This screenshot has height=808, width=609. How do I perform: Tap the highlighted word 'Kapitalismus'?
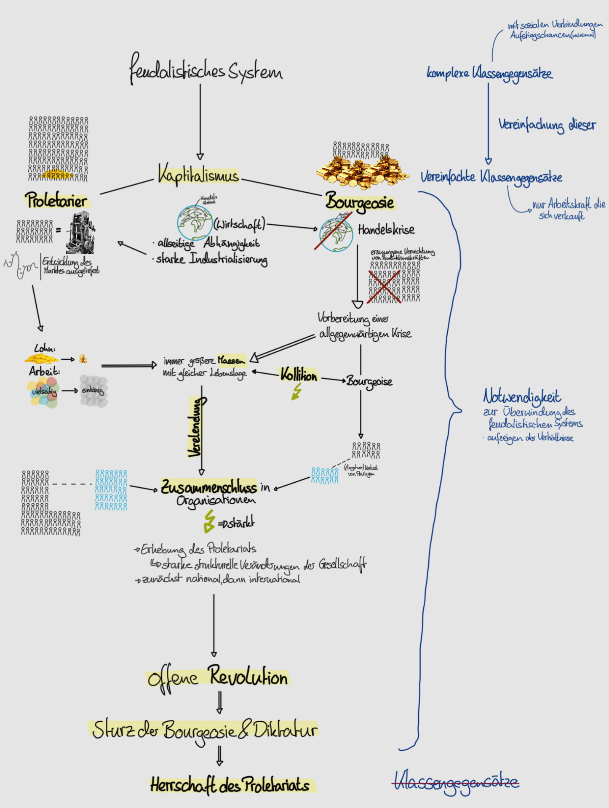tap(198, 175)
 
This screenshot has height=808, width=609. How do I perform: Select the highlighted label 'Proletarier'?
tap(56, 200)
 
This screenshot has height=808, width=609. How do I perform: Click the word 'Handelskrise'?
tap(386, 230)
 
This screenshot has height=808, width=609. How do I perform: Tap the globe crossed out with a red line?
tap(336, 234)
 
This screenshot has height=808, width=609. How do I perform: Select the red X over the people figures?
tap(384, 287)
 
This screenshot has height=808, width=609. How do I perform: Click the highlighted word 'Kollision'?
tap(299, 375)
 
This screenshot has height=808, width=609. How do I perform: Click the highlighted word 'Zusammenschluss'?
tap(209, 487)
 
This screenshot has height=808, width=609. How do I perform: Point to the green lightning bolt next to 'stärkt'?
tap(208, 521)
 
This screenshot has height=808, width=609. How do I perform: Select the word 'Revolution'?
tap(248, 676)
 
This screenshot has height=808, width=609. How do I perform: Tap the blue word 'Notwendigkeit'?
tap(522, 396)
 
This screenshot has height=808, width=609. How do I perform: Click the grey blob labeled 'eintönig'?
tap(93, 391)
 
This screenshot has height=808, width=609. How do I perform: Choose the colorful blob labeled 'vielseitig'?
tap(43, 392)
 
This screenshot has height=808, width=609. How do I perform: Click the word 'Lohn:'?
tap(45, 348)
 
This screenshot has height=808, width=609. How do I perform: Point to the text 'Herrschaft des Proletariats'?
tap(230, 785)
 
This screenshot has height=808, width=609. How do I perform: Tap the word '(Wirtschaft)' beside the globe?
tap(239, 224)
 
